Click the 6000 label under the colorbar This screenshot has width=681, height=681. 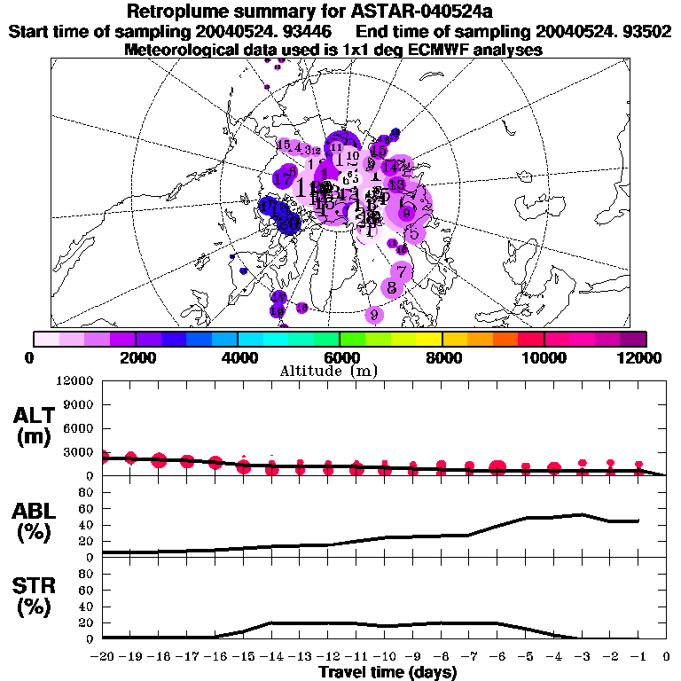tap(340, 357)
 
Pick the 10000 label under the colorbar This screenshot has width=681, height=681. tap(544, 357)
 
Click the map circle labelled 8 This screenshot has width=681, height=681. tap(391, 288)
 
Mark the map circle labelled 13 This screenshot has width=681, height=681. tap(397, 184)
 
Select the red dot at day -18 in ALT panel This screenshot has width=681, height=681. tap(160, 459)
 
